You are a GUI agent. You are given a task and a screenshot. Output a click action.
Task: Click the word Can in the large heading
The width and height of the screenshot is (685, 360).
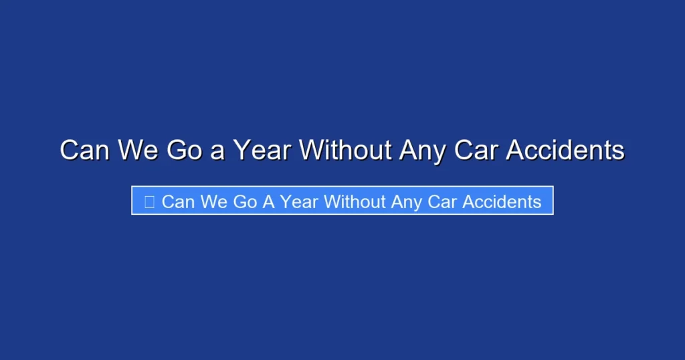(86, 150)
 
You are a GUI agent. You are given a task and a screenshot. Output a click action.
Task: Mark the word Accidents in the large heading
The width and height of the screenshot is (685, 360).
(565, 150)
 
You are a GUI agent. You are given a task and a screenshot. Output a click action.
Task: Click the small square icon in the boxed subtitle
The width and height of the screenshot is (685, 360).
(149, 201)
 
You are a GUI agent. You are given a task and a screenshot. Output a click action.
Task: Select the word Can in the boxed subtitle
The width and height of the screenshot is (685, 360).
(178, 201)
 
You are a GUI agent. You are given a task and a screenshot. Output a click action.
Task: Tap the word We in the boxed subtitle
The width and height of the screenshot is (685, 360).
(214, 201)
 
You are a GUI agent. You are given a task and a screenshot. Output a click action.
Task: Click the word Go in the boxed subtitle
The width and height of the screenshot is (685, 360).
(246, 201)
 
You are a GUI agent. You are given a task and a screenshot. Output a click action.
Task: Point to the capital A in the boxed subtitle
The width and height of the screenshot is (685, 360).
(268, 201)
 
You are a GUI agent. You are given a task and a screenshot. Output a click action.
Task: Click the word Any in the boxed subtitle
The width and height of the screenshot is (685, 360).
(407, 201)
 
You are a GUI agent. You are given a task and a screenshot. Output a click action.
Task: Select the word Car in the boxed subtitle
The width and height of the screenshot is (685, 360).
(443, 201)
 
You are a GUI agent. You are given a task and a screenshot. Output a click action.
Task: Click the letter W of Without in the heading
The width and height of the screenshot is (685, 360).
(311, 150)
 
